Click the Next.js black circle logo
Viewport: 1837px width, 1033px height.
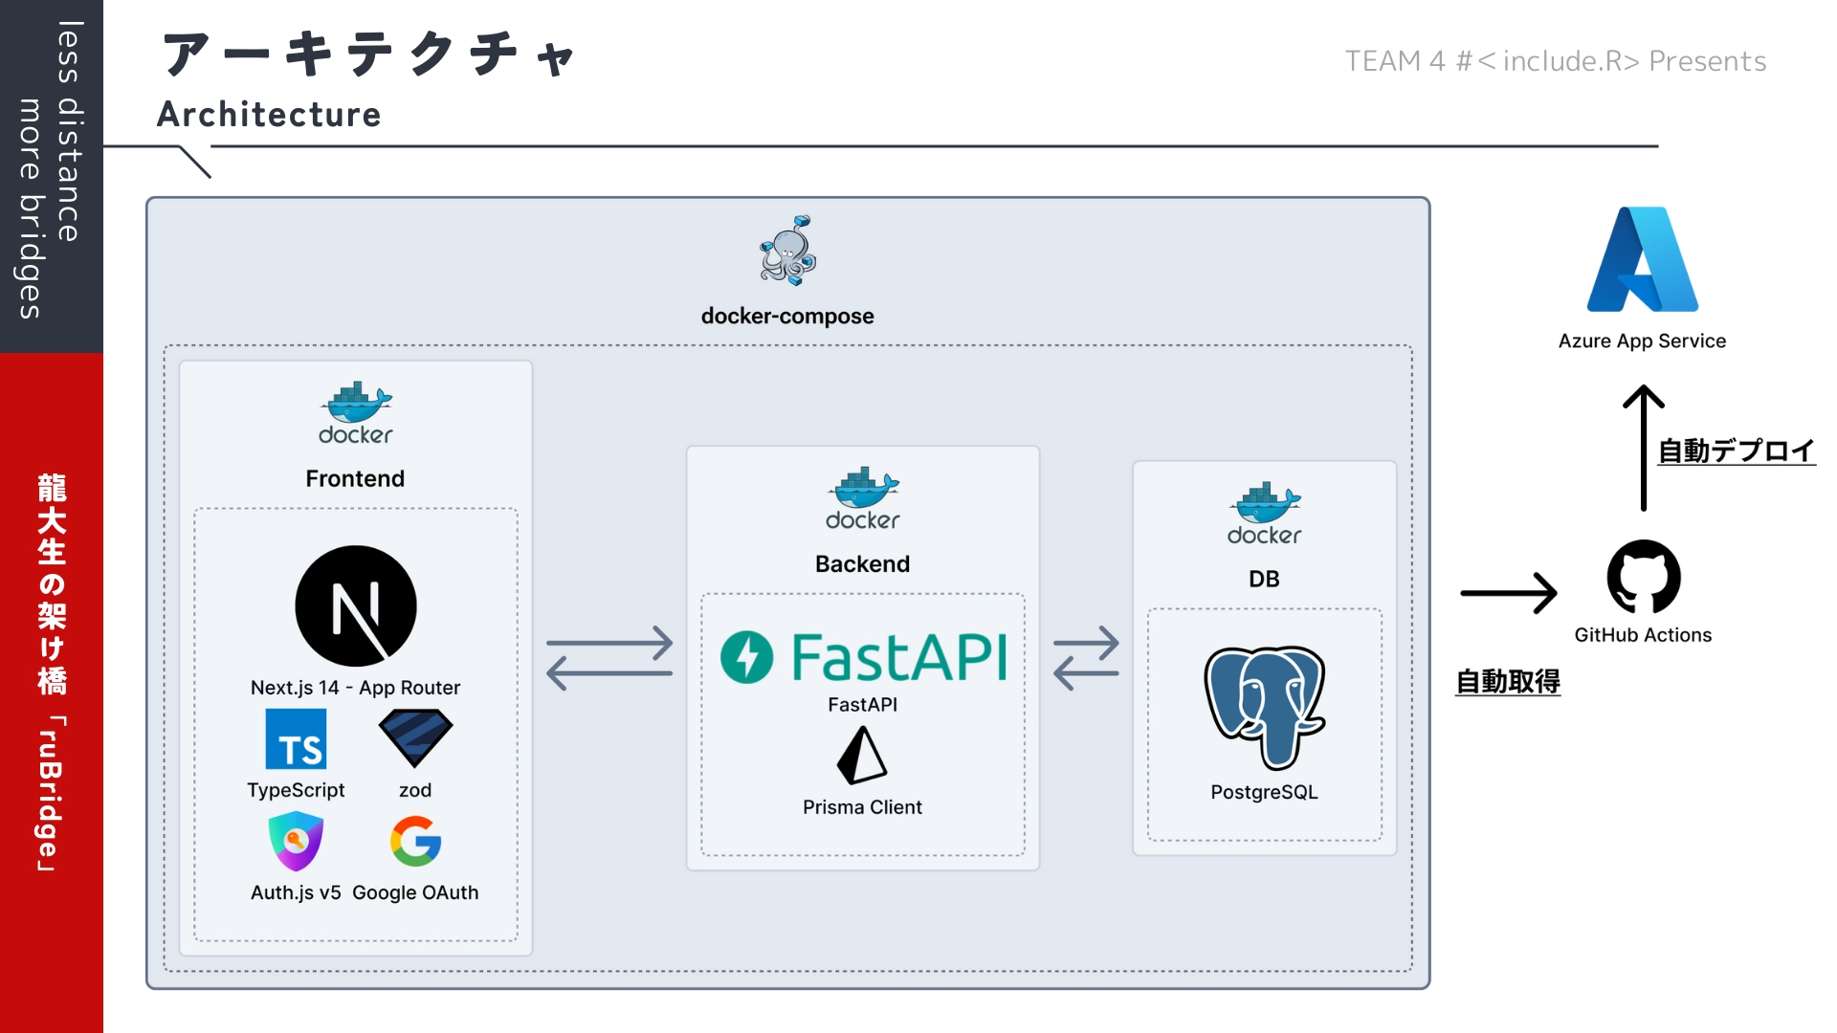click(x=356, y=605)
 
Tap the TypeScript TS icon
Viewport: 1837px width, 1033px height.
click(x=296, y=739)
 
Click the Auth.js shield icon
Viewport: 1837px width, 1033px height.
click(x=296, y=841)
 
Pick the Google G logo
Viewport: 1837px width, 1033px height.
click(x=415, y=841)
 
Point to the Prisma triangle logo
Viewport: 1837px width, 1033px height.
click(x=862, y=756)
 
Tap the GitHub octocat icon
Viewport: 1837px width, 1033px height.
click(x=1643, y=577)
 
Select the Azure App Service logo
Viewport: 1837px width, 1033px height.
click(x=1643, y=259)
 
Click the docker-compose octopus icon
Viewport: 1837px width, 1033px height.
click(x=788, y=251)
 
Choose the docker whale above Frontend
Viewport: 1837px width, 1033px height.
click(x=356, y=404)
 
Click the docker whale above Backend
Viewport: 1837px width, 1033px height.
click(x=863, y=489)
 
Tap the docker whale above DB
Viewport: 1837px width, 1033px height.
click(x=1265, y=504)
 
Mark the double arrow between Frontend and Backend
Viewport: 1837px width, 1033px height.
click(x=609, y=658)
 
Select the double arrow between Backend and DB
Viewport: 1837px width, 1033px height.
click(x=1086, y=658)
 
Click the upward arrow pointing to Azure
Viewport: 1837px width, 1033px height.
click(x=1644, y=448)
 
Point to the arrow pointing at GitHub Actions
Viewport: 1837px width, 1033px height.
click(x=1509, y=593)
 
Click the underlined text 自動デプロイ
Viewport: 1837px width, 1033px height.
click(x=1736, y=451)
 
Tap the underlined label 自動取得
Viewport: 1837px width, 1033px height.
click(x=1508, y=682)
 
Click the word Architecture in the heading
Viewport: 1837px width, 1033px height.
click(x=269, y=115)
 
